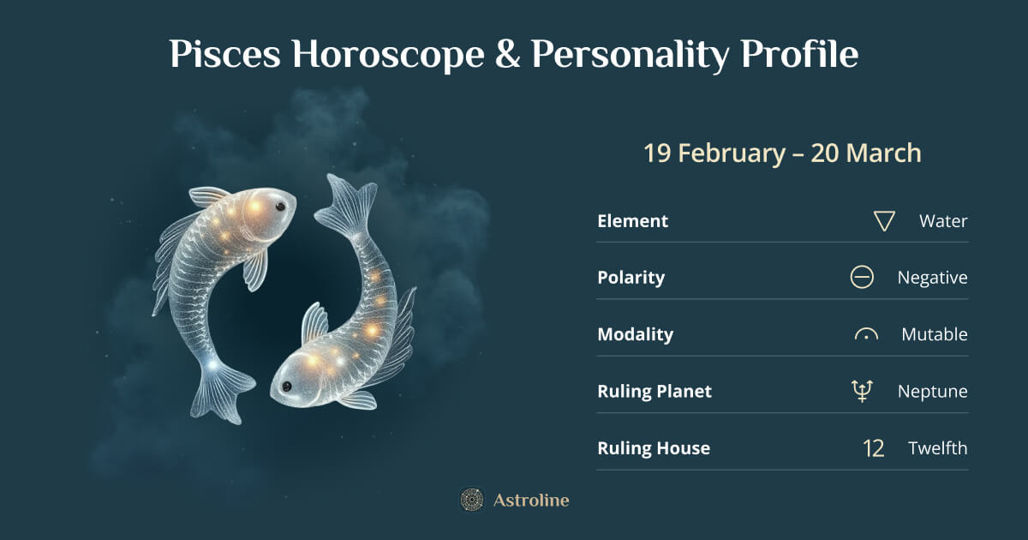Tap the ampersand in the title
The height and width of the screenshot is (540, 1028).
pos(506,56)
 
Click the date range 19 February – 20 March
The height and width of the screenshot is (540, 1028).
pos(782,153)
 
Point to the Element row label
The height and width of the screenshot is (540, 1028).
pos(632,220)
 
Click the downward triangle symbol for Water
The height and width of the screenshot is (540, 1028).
pos(884,221)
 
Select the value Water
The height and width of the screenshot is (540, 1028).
pos(943,221)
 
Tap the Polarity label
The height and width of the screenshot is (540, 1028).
pos(631,278)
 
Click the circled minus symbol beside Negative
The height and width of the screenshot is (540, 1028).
pos(862,278)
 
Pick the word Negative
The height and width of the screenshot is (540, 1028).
pos(932,278)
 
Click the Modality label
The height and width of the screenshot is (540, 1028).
pos(635,334)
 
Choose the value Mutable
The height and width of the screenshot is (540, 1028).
pos(934,334)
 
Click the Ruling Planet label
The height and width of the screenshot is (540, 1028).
pos(654,392)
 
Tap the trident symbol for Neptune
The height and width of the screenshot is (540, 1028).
pos(863,392)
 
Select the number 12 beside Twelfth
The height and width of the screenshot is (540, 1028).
pos(873,448)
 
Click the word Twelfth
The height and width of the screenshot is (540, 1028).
pos(938,448)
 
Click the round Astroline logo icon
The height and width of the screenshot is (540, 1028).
pos(471,500)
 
